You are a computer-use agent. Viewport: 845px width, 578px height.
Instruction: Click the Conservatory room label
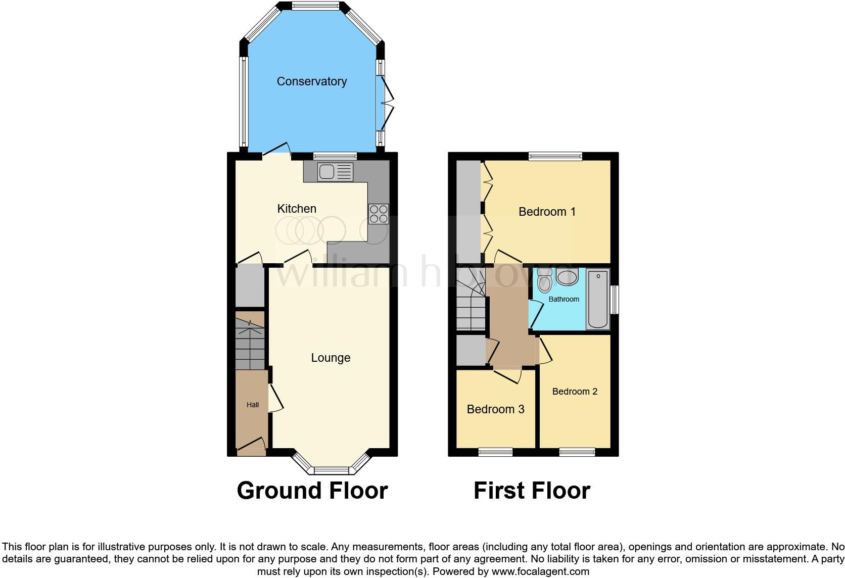pos(311,81)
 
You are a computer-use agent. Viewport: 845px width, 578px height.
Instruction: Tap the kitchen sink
pos(335,172)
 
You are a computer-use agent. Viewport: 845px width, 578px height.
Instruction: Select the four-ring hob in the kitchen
pos(379,213)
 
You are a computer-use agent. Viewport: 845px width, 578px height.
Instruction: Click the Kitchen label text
pos(297,209)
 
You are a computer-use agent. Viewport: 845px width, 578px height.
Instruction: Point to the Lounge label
pos(331,358)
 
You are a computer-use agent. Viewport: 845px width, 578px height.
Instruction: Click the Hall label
pos(253,405)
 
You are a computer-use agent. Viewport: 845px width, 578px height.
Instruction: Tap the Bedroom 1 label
pos(547,212)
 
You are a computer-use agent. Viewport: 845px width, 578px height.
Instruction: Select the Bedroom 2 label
pos(575,392)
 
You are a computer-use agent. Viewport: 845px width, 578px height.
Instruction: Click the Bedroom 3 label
pos(495,409)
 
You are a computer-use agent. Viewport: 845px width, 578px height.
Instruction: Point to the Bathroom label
pos(564,299)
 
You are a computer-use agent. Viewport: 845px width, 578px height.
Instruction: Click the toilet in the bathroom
pos(544,282)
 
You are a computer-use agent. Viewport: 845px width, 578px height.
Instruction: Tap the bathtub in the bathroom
pos(598,299)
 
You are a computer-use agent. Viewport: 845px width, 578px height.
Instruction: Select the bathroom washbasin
pos(567,276)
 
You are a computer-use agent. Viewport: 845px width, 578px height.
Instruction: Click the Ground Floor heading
pos(312,491)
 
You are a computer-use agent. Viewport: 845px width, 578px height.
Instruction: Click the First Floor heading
pos(532,491)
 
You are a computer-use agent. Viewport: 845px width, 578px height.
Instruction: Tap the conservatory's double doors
pos(387,104)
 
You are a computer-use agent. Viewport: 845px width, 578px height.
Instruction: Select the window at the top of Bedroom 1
pos(555,156)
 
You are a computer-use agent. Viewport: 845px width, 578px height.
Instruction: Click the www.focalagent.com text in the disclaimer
pos(540,572)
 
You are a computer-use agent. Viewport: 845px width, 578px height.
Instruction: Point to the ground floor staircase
pos(250,341)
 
